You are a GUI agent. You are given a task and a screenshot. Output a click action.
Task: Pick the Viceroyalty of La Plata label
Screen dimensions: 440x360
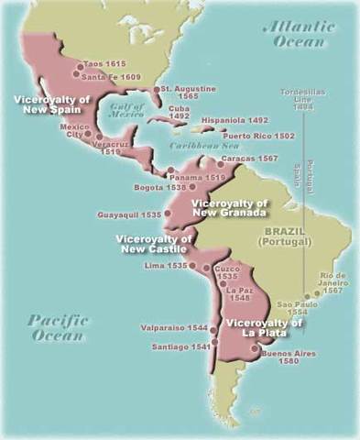point(263,326)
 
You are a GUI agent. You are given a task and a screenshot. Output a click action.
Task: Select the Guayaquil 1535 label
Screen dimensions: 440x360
point(129,215)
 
